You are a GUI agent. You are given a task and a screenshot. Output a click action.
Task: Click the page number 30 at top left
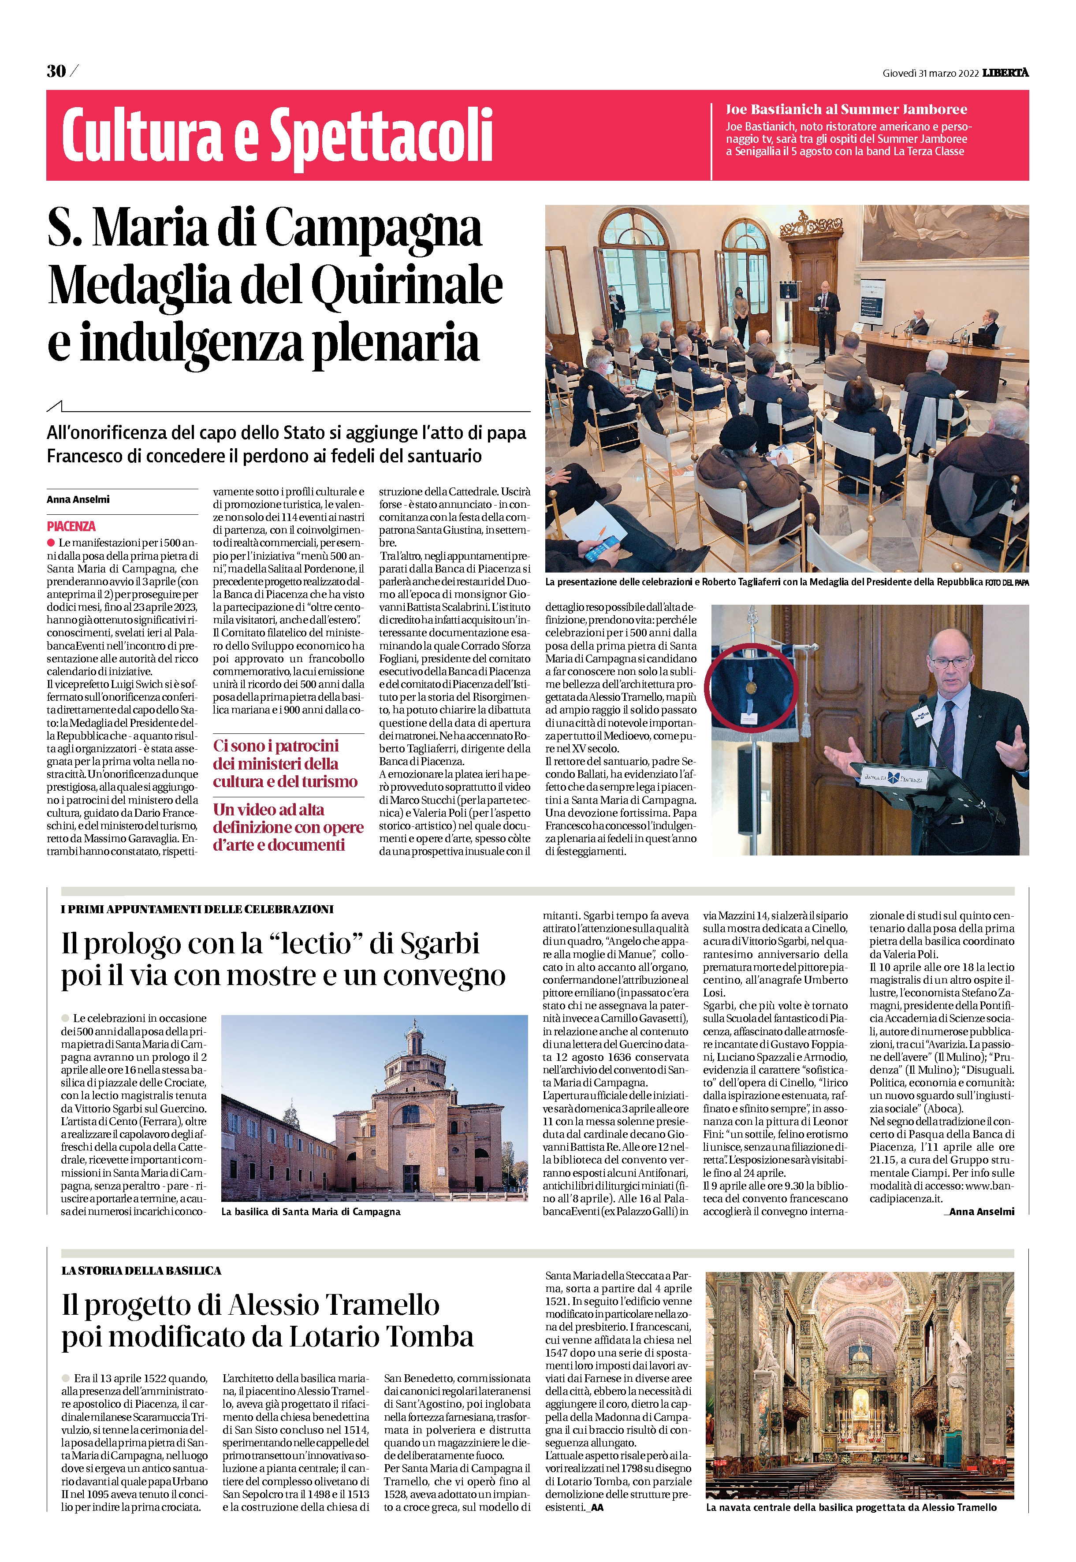[56, 71]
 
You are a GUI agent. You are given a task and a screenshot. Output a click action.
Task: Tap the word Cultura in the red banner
[141, 135]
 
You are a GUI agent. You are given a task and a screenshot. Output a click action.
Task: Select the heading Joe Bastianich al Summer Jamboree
[846, 109]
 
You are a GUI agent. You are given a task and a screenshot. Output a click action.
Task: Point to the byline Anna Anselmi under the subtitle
[78, 499]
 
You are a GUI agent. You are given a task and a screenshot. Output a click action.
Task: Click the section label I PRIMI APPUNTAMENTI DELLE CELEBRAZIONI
[197, 909]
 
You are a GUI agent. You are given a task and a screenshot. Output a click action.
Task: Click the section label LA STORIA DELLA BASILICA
[141, 1271]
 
